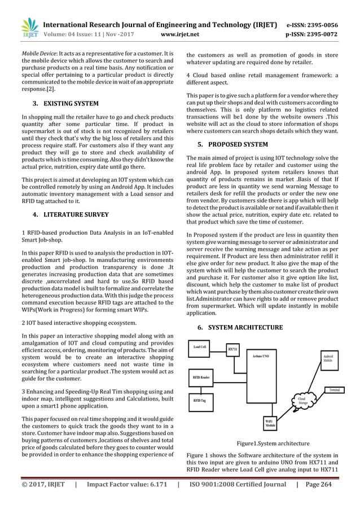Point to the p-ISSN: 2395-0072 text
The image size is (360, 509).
pyautogui.click(x=317, y=34)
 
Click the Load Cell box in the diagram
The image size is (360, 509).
pyautogui.click(x=200, y=347)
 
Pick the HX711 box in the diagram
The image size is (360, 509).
pyautogui.click(x=232, y=350)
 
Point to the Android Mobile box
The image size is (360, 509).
pyautogui.click(x=327, y=357)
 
